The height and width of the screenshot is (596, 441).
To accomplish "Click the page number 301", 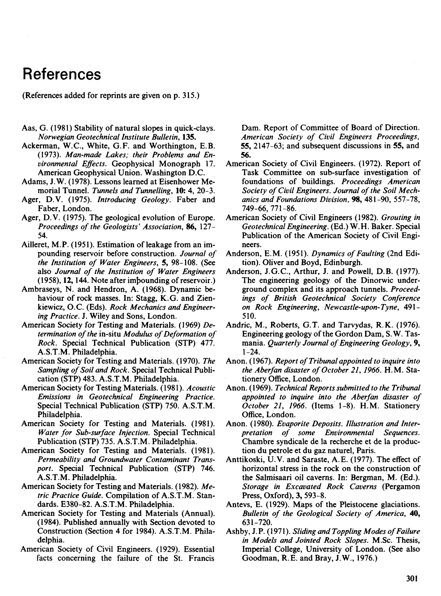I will (412, 578).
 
